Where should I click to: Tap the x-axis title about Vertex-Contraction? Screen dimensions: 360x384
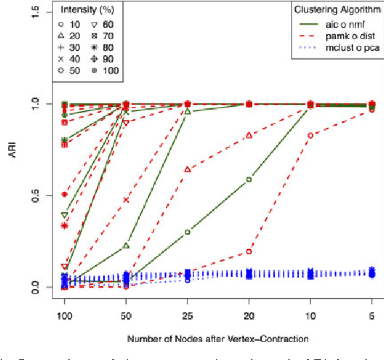[x=218, y=339]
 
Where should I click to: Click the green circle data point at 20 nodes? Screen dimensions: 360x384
[x=248, y=179]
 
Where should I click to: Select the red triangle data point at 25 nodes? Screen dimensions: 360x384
[x=187, y=169]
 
